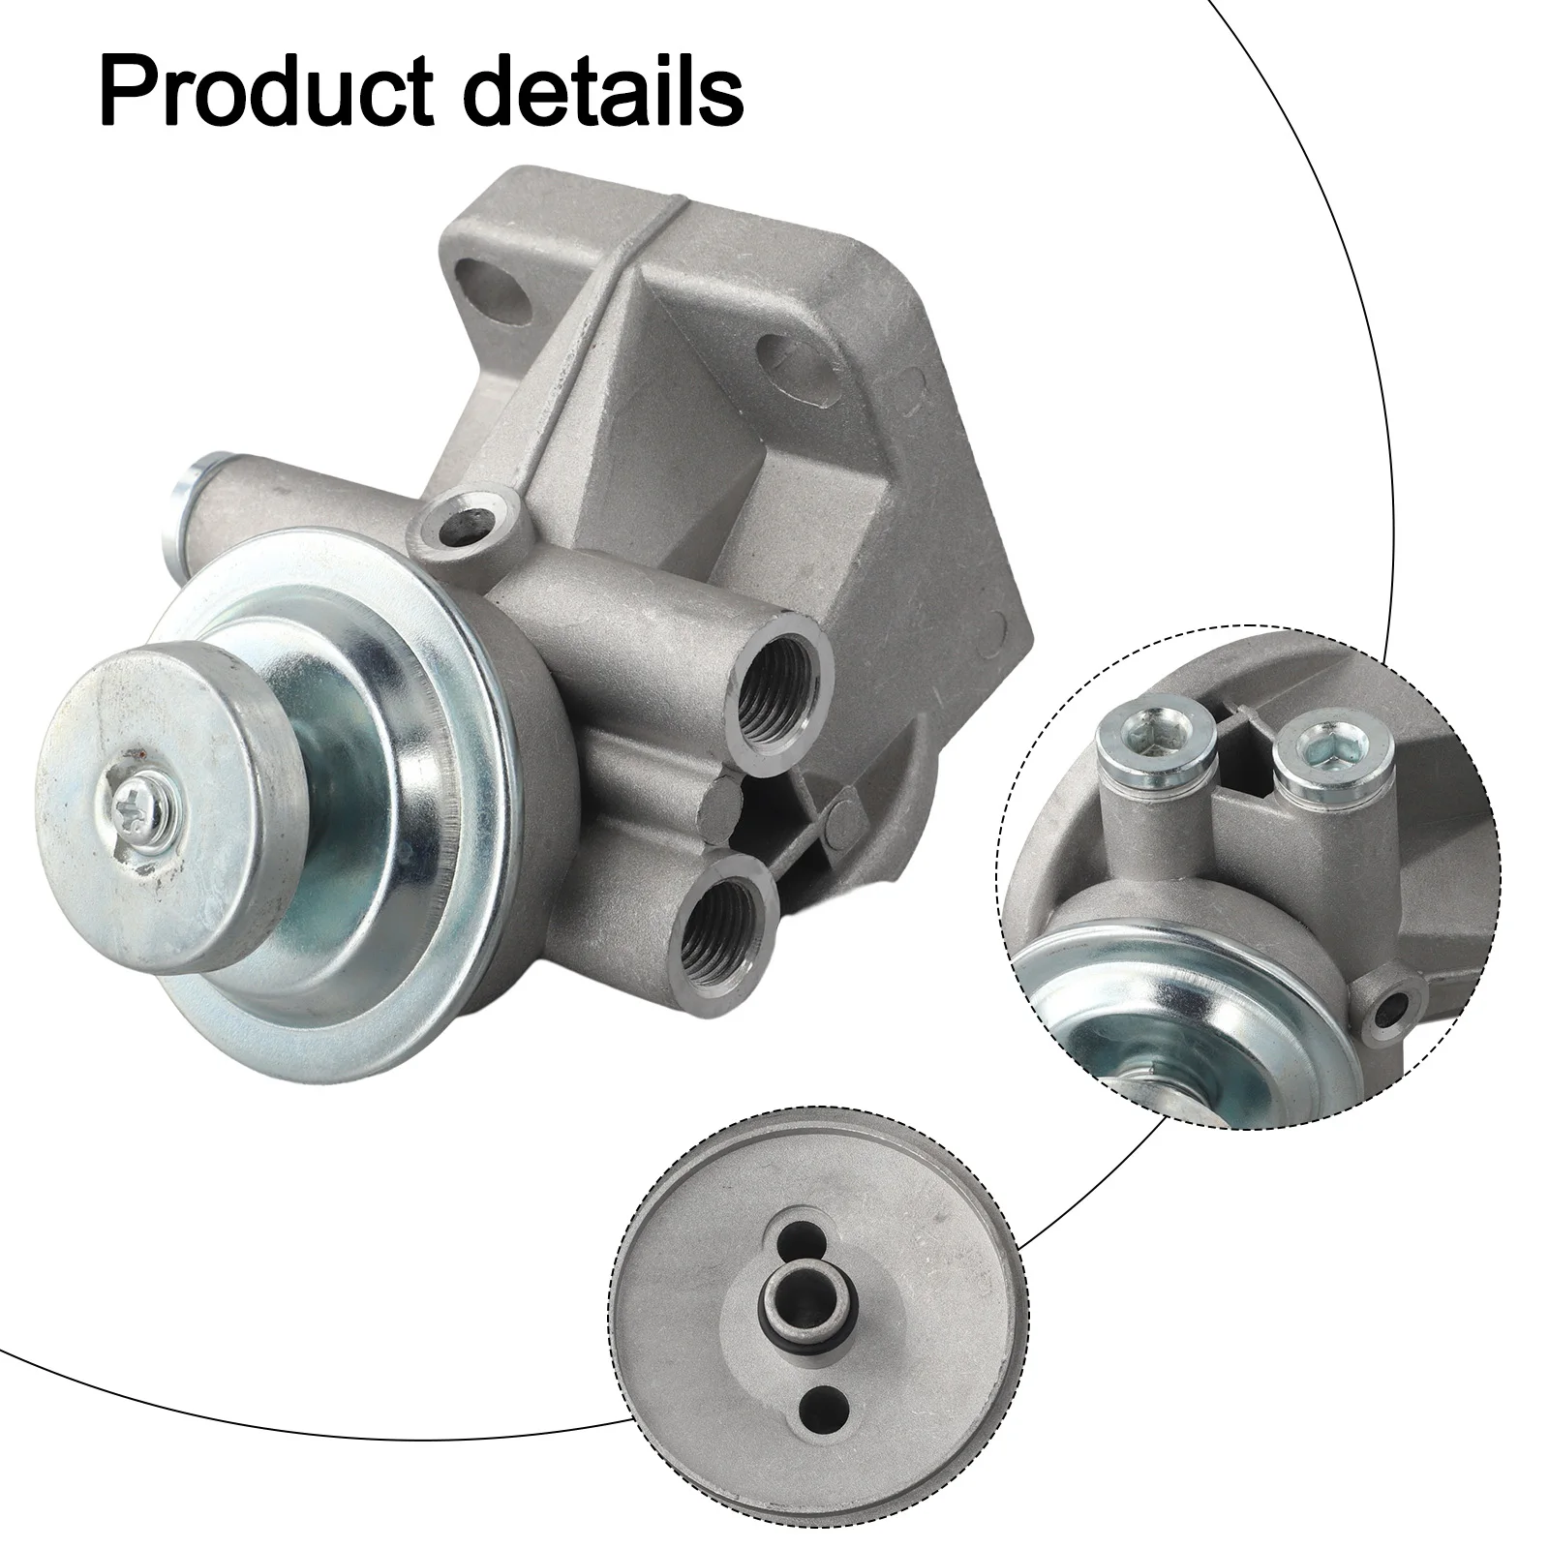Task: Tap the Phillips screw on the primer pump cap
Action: point(130,803)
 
